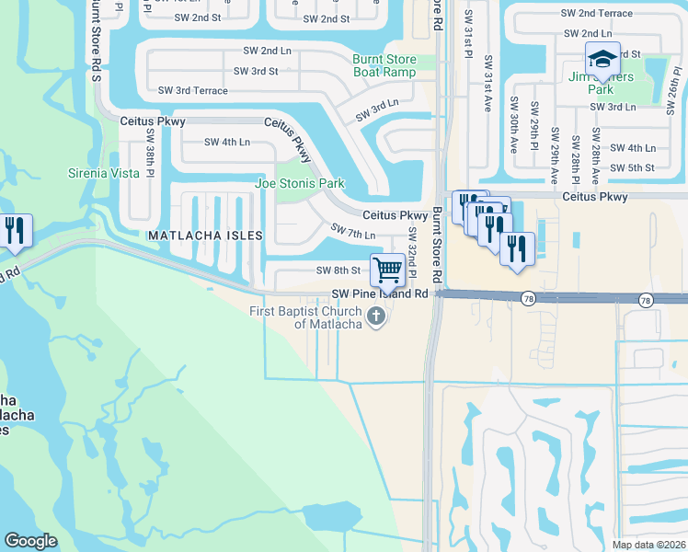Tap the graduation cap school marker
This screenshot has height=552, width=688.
[x=602, y=59]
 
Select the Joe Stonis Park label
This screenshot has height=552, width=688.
[x=299, y=184]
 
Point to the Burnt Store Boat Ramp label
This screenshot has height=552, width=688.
[x=384, y=66]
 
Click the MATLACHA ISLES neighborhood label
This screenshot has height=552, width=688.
[x=205, y=236]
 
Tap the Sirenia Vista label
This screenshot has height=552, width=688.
[x=104, y=173]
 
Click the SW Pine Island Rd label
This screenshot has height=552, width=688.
[x=381, y=293]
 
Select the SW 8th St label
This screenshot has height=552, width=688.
[x=338, y=270]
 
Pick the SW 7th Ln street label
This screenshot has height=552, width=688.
[x=353, y=231]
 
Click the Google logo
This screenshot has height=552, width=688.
[x=30, y=541]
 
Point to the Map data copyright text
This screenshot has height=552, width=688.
[x=648, y=545]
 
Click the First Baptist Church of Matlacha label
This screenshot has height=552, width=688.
[x=305, y=317]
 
